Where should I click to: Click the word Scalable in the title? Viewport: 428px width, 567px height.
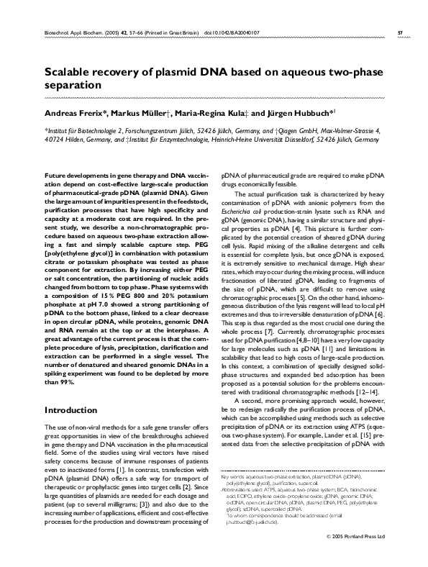pyautogui.click(x=70, y=73)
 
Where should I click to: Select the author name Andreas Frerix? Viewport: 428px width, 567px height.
pyautogui.click(x=76, y=114)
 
